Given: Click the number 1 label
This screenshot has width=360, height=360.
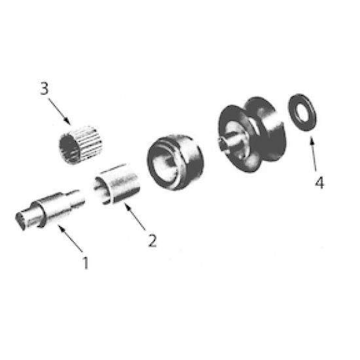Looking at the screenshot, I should (x=84, y=262).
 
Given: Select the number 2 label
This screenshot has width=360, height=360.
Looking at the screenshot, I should (x=152, y=240).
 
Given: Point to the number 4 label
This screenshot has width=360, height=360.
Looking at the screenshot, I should (x=319, y=183).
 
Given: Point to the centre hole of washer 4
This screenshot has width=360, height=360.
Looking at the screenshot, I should (x=302, y=113).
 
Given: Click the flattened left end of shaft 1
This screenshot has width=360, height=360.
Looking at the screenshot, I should (x=25, y=219).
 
